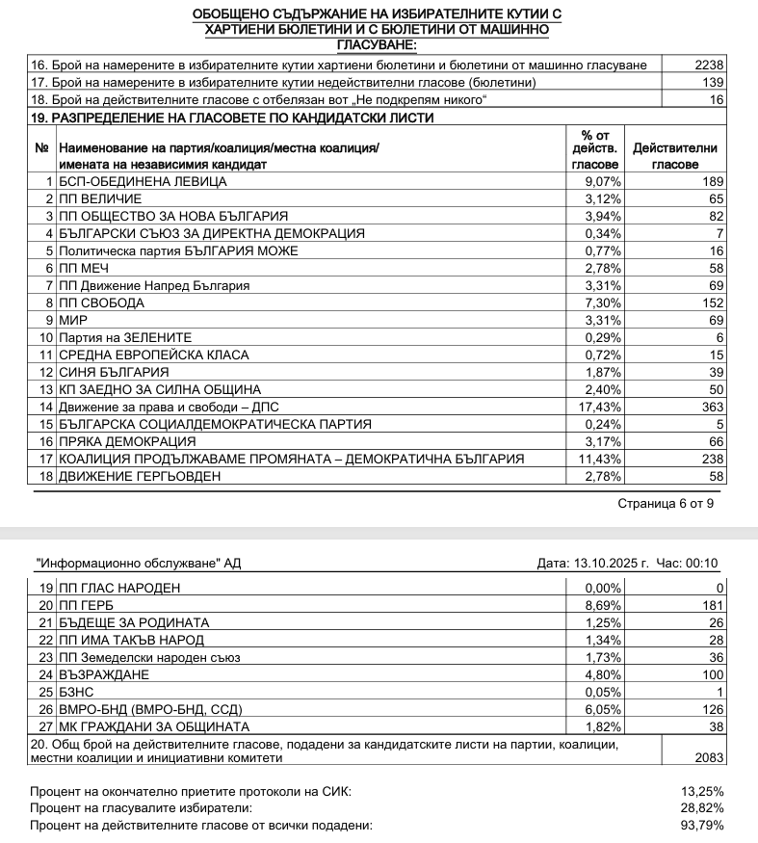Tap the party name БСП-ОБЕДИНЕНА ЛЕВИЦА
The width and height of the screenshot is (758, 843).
click(x=143, y=181)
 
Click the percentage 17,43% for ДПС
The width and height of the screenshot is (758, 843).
click(x=603, y=407)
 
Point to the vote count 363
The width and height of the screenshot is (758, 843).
click(x=711, y=407)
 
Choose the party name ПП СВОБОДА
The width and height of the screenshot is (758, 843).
click(x=101, y=303)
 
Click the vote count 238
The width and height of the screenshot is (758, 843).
click(x=711, y=459)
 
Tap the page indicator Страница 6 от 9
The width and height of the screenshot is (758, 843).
click(x=666, y=503)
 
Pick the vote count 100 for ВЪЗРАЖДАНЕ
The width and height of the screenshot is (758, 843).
click(x=711, y=674)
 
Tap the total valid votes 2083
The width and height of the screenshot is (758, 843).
click(x=707, y=758)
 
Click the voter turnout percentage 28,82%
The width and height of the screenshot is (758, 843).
click(x=702, y=808)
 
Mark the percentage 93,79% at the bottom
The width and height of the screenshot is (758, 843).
click(x=702, y=826)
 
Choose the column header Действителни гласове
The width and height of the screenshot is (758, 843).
click(x=674, y=156)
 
